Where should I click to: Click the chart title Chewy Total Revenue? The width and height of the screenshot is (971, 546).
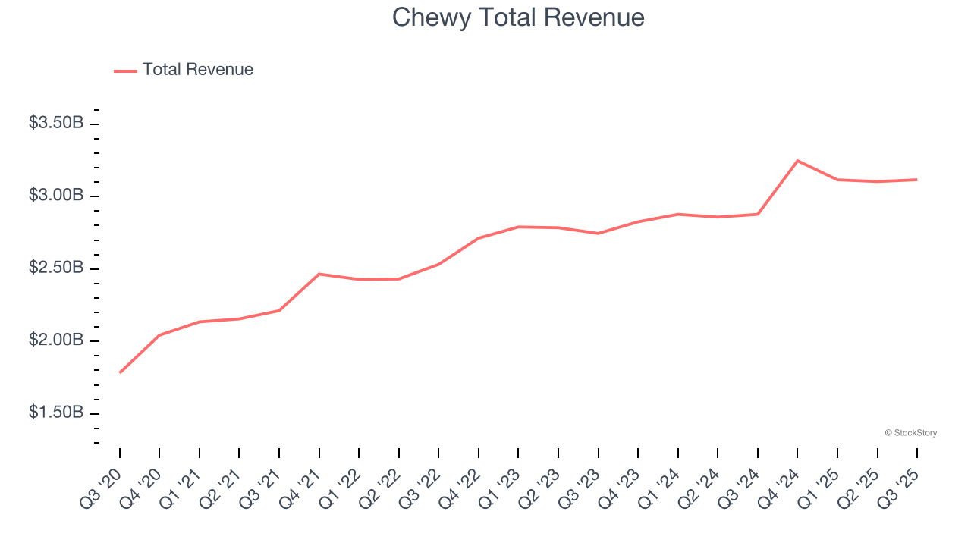tap(518, 17)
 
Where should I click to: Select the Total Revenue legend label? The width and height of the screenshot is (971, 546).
tap(197, 70)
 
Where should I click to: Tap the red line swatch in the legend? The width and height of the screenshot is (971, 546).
tap(125, 71)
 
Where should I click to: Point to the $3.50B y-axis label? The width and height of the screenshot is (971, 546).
tap(56, 123)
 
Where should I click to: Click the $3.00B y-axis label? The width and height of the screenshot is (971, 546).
tap(56, 196)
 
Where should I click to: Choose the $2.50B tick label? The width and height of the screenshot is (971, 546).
tap(56, 268)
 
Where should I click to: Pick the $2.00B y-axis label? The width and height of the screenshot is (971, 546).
tap(56, 340)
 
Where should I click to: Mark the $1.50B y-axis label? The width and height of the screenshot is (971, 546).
tap(56, 413)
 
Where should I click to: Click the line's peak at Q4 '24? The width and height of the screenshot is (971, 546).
tap(797, 161)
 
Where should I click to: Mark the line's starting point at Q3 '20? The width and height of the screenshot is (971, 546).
tap(120, 372)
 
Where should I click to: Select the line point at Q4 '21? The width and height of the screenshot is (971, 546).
tap(319, 274)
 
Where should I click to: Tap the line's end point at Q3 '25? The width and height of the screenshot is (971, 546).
tap(916, 180)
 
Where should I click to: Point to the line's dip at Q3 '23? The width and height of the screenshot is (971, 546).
tap(598, 233)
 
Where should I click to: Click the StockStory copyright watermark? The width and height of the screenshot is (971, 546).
tap(910, 433)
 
